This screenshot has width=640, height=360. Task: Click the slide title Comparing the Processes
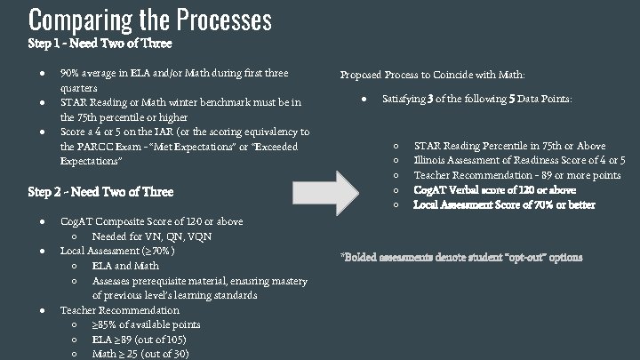[149, 19]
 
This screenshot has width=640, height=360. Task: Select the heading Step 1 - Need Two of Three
[100, 43]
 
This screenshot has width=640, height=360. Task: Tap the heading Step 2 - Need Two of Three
[100, 192]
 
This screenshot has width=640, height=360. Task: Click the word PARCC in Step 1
[90, 147]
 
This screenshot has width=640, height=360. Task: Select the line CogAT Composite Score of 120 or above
[151, 221]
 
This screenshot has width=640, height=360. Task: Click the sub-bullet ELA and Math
[125, 266]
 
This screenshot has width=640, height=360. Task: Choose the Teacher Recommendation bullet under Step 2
[119, 310]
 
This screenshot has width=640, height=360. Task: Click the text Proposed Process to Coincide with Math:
[433, 75]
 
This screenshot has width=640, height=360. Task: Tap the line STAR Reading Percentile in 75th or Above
[509, 146]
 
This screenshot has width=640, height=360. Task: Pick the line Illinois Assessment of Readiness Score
[519, 161]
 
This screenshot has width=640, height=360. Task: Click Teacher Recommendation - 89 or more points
[517, 175]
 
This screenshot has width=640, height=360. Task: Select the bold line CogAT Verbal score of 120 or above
[494, 190]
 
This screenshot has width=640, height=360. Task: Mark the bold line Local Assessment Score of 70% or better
[504, 205]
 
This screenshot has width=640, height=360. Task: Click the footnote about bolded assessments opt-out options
[461, 258]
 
